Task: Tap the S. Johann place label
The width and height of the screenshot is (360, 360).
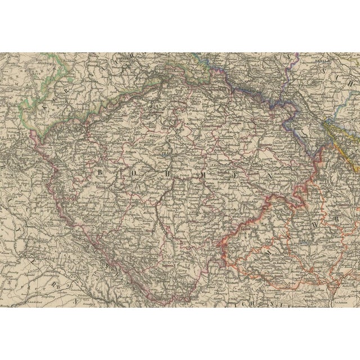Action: [336, 292]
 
